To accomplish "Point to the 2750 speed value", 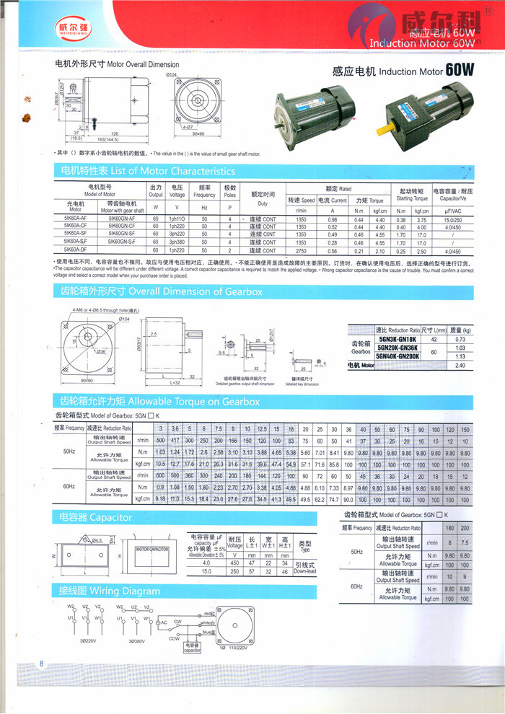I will pyautogui.click(x=302, y=250).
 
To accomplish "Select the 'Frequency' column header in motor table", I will pyautogui.click(x=204, y=195).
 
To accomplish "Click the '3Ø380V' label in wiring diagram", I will pyautogui.click(x=131, y=640).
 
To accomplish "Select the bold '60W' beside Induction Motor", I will pyautogui.click(x=460, y=70).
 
